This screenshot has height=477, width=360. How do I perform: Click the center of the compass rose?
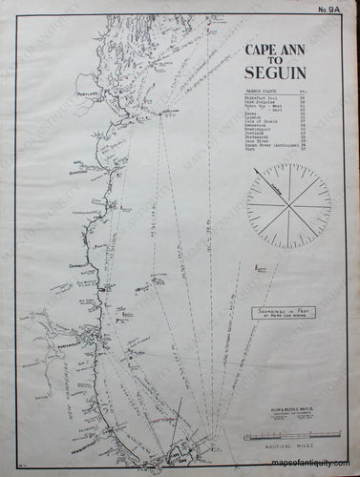[x=288, y=205]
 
